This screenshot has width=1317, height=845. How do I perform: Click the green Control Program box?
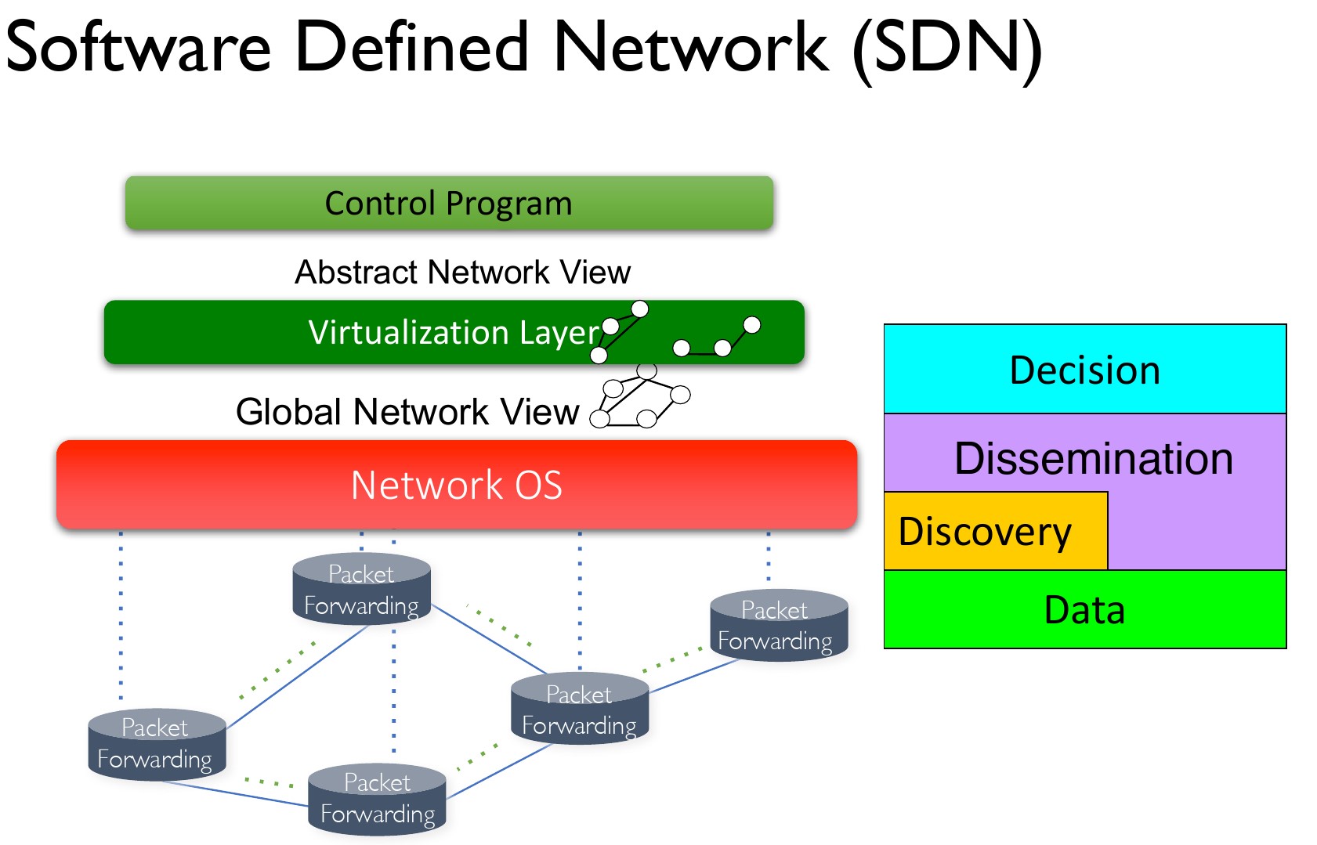[449, 203]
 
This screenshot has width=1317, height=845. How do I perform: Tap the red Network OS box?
[457, 485]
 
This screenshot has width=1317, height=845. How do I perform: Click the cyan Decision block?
[1084, 370]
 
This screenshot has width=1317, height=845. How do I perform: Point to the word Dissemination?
[1093, 458]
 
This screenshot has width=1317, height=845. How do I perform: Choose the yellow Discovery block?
[995, 532]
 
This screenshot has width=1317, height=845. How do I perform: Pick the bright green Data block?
[1084, 610]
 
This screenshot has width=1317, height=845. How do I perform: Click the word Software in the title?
[139, 47]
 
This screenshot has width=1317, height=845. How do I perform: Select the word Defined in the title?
[412, 47]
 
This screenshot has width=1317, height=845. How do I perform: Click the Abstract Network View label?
[462, 273]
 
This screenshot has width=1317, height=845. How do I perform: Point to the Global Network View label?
[407, 412]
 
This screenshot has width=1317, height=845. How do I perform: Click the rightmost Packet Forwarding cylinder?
[779, 626]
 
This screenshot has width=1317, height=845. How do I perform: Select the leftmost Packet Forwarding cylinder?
[157, 744]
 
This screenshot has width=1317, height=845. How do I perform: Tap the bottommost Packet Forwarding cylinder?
[377, 799]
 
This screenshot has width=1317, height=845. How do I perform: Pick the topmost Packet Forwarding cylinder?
[361, 590]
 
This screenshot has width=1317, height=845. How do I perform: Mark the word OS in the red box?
[538, 486]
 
